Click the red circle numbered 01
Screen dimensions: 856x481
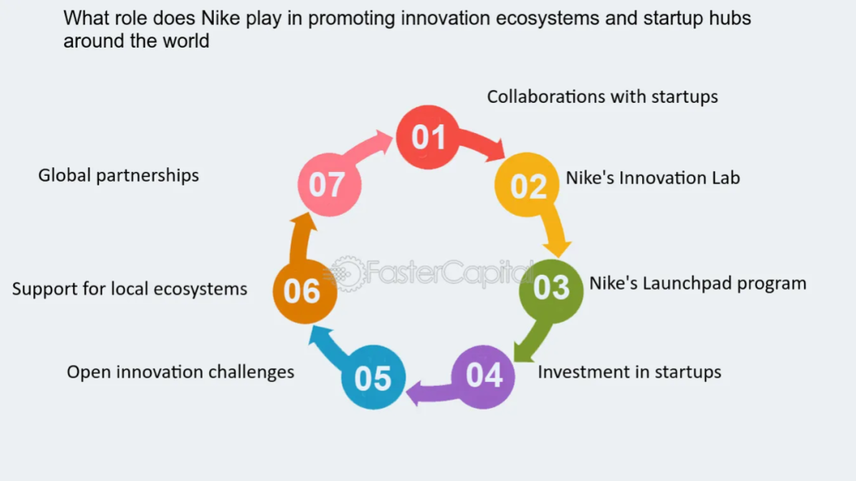pos(427,137)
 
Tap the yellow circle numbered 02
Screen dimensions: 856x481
pos(527,185)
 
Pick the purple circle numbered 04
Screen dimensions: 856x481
pos(483,376)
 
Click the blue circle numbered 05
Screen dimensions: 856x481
pos(373,377)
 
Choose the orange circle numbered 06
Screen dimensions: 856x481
pos(304,292)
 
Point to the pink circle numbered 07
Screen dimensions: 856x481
pos(329,185)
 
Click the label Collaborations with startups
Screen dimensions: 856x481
pos(602,97)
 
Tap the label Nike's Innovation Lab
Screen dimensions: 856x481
pos(652,178)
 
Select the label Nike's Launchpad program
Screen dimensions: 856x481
pos(697,284)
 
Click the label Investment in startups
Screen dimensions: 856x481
pos(629,372)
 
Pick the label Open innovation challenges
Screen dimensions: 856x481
pos(180,372)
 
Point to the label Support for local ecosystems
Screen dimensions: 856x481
pos(129,288)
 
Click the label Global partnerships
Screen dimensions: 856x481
pos(118,175)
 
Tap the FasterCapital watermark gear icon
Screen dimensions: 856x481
pos(346,273)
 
